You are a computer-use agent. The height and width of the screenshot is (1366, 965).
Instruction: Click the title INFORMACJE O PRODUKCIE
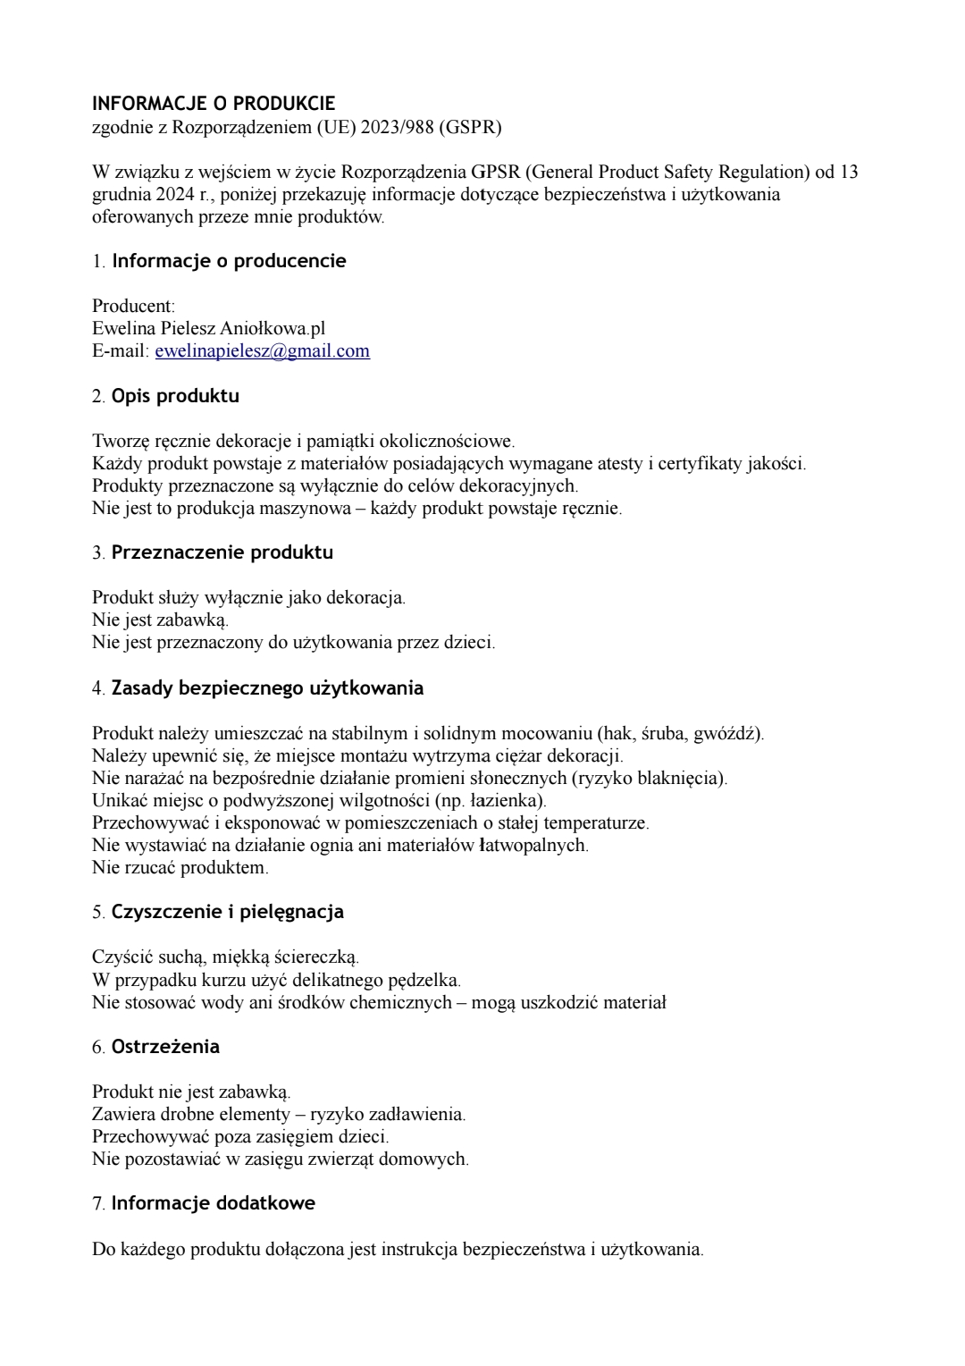click(214, 104)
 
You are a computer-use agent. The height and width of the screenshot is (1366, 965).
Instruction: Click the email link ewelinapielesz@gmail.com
click(262, 351)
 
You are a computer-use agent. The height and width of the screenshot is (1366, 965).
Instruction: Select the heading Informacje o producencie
click(229, 261)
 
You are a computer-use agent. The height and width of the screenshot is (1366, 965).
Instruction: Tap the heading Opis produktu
click(175, 396)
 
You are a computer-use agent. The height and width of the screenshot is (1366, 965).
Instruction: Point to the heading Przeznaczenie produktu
click(222, 552)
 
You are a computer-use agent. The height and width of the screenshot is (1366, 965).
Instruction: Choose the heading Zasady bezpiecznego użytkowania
click(267, 688)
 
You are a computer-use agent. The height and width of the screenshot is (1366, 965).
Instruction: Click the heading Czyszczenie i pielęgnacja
click(227, 912)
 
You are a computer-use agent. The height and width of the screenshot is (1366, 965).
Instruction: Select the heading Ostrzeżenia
click(165, 1047)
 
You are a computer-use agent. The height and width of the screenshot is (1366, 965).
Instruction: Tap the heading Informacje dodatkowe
click(213, 1203)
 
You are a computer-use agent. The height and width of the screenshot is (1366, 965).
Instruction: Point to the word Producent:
click(134, 306)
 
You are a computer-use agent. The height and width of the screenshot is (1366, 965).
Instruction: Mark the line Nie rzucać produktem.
click(180, 867)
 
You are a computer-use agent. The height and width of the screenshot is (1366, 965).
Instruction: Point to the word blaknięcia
click(678, 778)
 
